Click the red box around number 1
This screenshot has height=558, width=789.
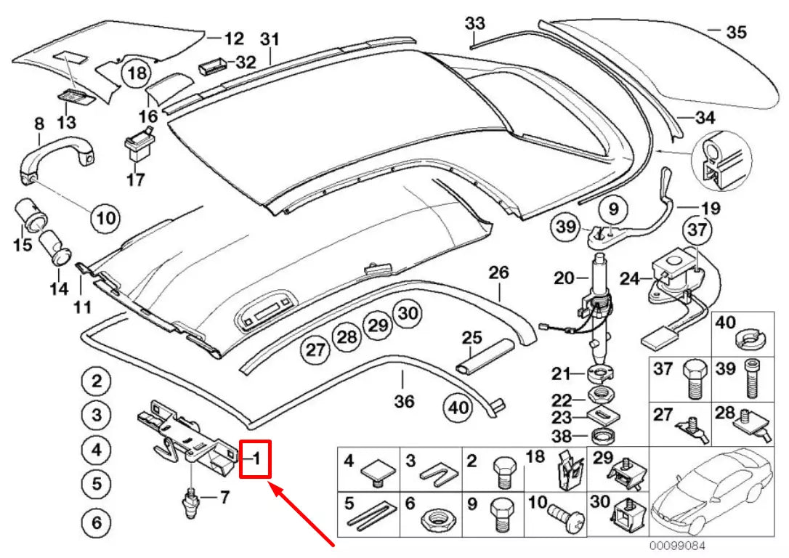point(256,459)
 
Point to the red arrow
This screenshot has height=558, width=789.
point(303,512)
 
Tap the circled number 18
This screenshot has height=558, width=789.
point(137,73)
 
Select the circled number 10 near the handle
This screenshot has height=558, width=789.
point(105,217)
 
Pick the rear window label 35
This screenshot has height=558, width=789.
point(735,33)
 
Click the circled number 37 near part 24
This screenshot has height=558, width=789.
point(697,231)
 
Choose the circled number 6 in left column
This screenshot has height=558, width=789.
point(96,522)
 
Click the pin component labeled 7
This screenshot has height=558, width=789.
point(191,501)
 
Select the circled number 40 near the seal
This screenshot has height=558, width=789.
point(458,408)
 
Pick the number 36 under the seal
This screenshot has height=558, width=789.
point(404,401)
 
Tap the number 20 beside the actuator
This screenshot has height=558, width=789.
point(564,278)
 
